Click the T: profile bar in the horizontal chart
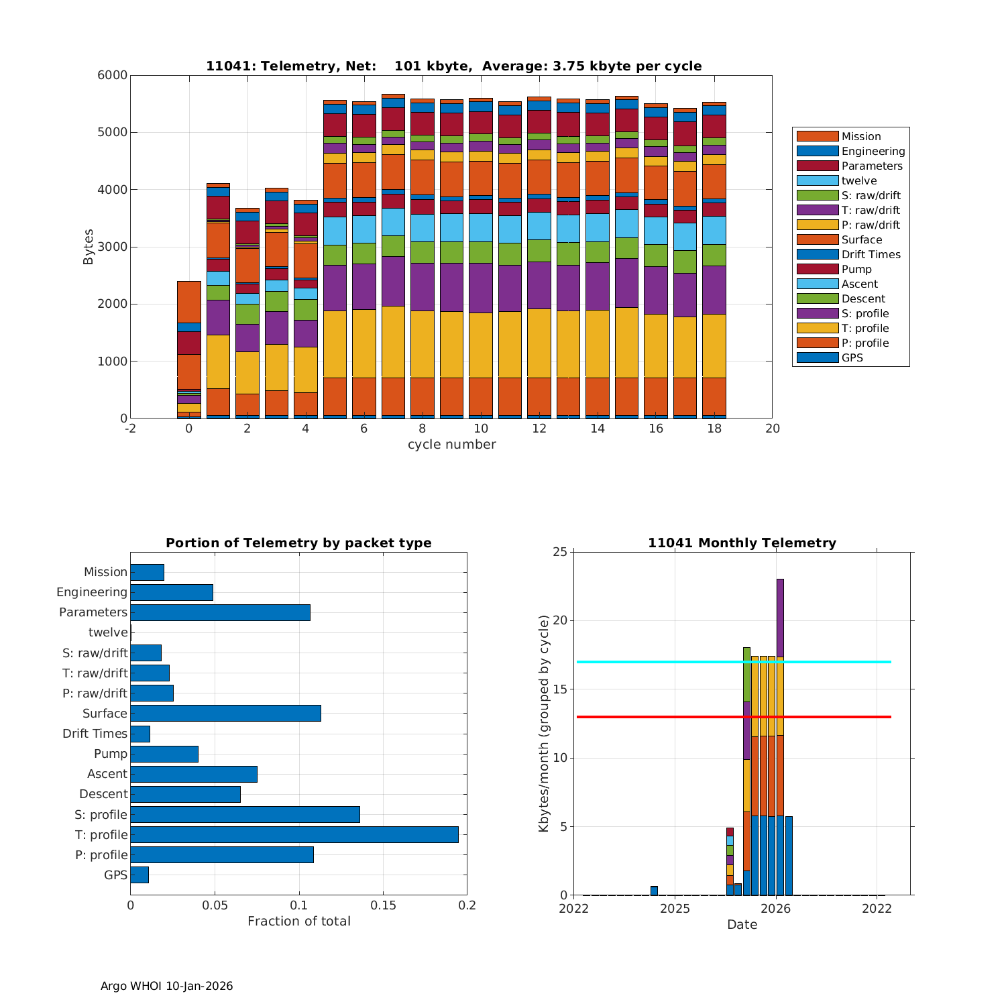tap(294, 834)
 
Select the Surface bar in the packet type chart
tap(225, 713)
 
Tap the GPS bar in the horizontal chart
tap(139, 875)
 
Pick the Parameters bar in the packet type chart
tap(220, 612)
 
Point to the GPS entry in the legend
tap(852, 357)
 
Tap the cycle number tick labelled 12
tap(539, 429)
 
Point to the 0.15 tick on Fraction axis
tap(383, 905)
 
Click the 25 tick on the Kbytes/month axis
tap(559, 552)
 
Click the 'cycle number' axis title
tap(451, 445)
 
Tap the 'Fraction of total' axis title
tap(298, 921)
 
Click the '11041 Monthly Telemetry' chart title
tap(742, 543)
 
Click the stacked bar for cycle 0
tap(189, 349)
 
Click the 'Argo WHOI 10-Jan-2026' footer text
tap(166, 986)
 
